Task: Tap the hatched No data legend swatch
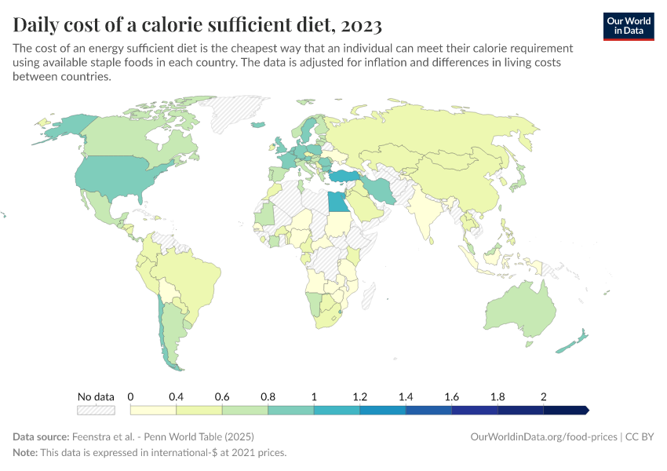[x=96, y=410]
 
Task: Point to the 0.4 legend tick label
[x=176, y=396]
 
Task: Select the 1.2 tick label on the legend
[x=359, y=396]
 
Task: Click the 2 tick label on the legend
[x=543, y=396]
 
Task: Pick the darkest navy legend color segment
[x=565, y=410]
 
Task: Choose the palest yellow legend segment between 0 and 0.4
[x=153, y=410]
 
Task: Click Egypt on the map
[x=337, y=202]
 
